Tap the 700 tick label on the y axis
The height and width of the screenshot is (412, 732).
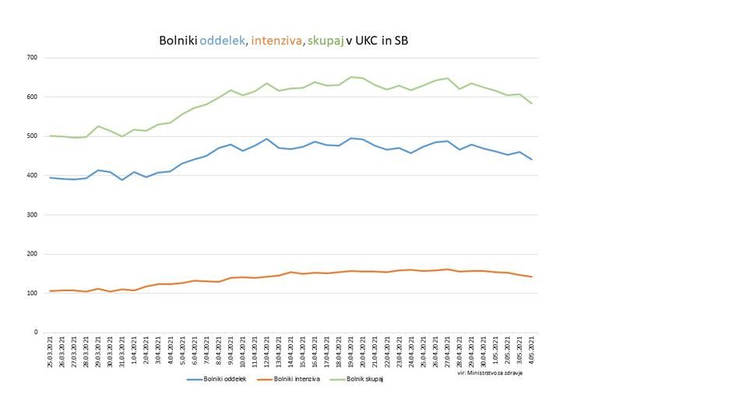[32, 58]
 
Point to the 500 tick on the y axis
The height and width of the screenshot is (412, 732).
[32, 136]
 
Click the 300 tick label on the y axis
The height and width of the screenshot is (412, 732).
[32, 215]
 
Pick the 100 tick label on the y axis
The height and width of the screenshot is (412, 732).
[32, 293]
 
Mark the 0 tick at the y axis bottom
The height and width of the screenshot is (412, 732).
[36, 333]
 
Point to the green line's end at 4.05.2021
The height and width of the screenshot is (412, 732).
[532, 104]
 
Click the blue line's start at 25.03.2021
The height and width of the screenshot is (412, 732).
[51, 178]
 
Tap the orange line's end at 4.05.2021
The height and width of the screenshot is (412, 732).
[532, 276]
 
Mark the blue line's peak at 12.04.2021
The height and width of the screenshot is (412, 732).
[267, 139]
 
